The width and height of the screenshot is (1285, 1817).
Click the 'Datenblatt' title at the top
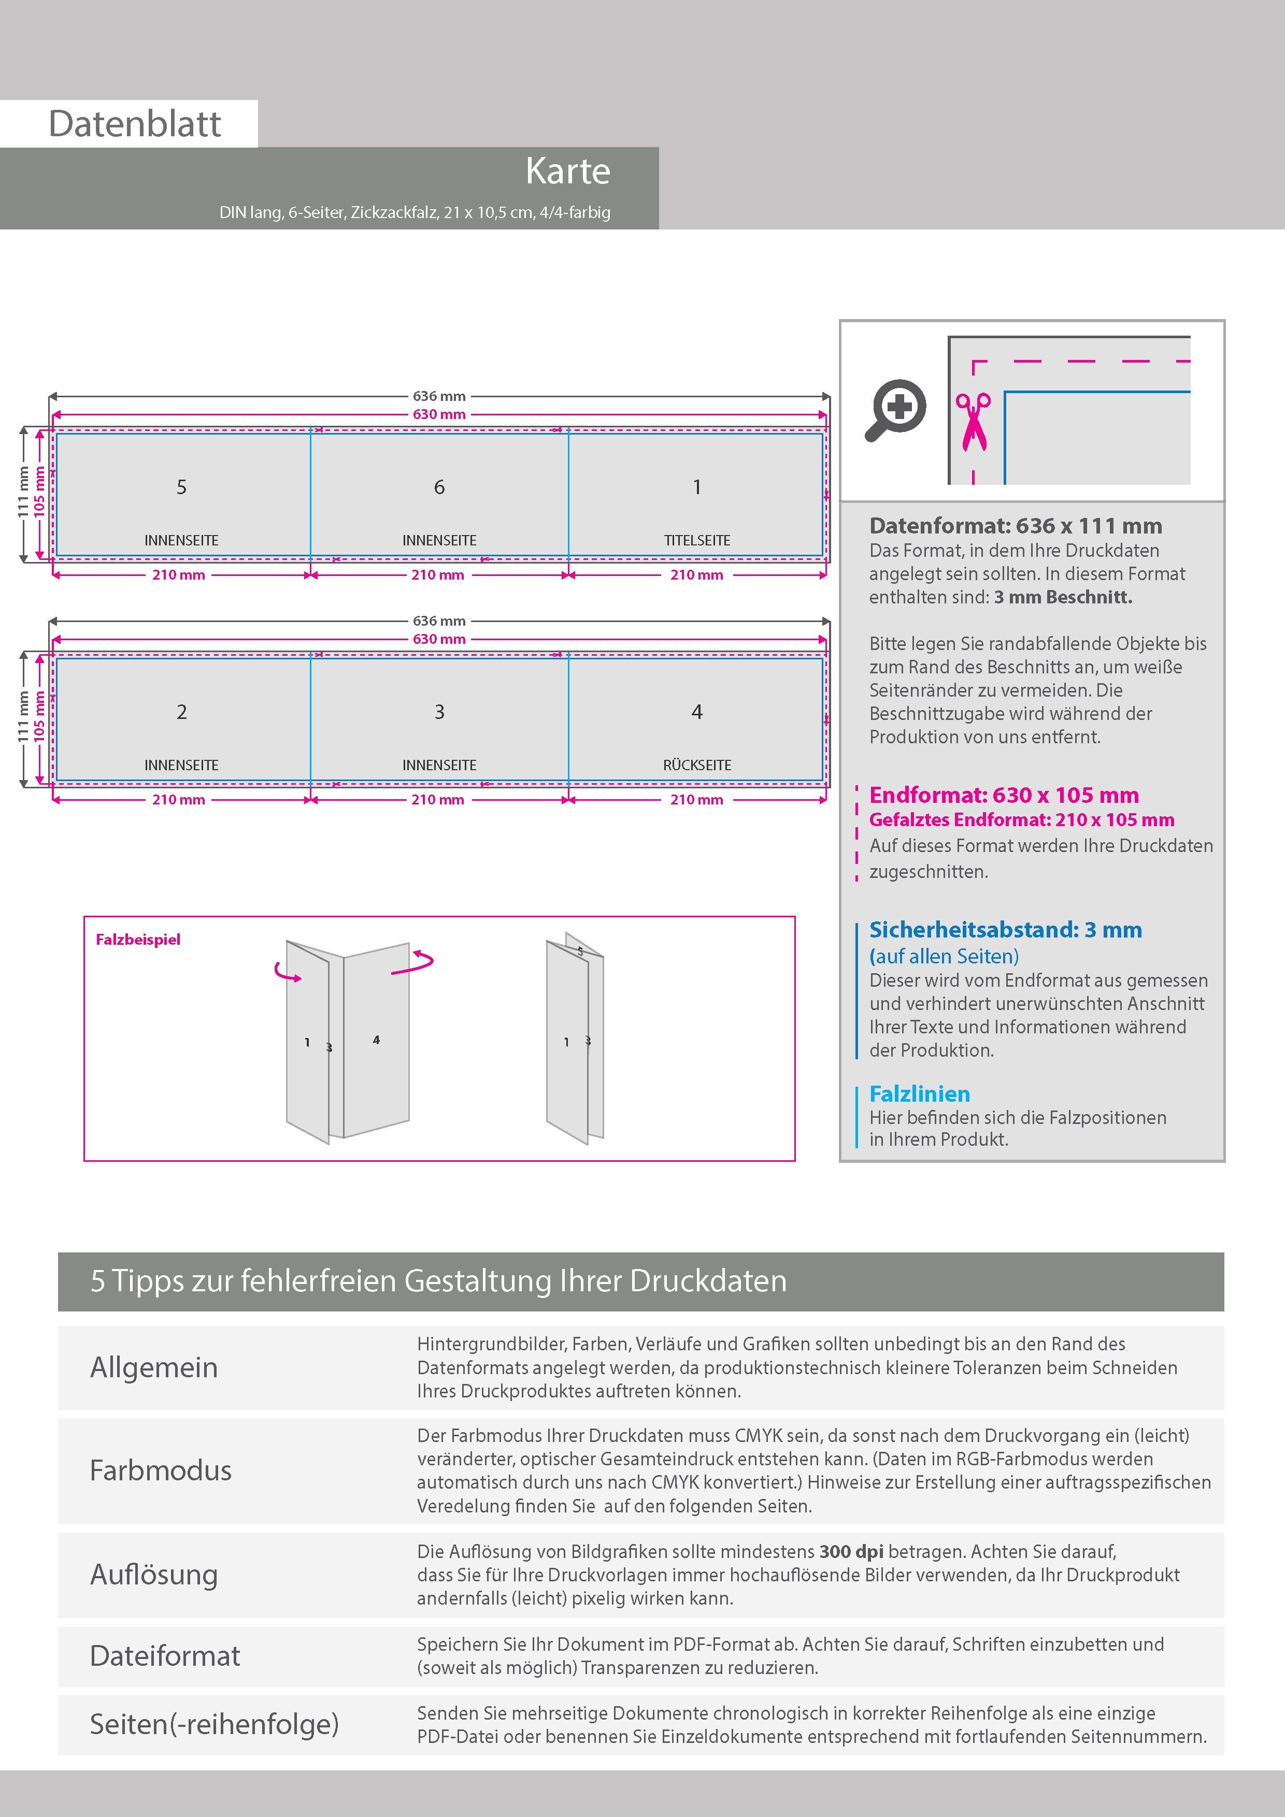pyautogui.click(x=135, y=124)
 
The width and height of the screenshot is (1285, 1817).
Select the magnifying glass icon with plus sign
pyautogui.click(x=895, y=410)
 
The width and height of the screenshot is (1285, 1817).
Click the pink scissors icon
pyautogui.click(x=973, y=422)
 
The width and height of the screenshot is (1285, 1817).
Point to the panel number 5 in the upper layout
pyautogui.click(x=181, y=487)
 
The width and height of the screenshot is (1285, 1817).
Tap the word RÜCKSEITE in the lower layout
pyautogui.click(x=697, y=765)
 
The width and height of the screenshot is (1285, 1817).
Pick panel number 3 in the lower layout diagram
pyautogui.click(x=439, y=712)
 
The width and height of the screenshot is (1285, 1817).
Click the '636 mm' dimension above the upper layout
pyautogui.click(x=439, y=396)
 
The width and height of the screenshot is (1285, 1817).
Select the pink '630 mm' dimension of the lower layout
pyautogui.click(x=439, y=639)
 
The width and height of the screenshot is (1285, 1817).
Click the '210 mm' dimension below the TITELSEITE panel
pyautogui.click(x=697, y=575)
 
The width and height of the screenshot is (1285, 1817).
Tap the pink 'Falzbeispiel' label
pyautogui.click(x=138, y=940)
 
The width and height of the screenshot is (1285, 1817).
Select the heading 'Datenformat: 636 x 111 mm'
pyautogui.click(x=1015, y=526)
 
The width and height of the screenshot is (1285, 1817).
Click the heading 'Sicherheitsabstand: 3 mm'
pyautogui.click(x=1005, y=930)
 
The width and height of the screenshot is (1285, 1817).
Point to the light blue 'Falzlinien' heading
pyautogui.click(x=919, y=1094)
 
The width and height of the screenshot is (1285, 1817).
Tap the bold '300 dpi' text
pyautogui.click(x=851, y=1551)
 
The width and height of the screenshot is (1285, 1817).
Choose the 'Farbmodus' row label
pyautogui.click(x=161, y=1470)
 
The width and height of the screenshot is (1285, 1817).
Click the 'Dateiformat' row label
pyautogui.click(x=165, y=1655)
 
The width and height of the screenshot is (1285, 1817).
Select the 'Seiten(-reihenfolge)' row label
pyautogui.click(x=214, y=1724)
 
